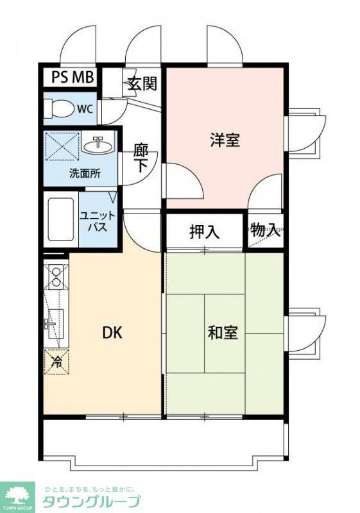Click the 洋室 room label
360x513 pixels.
tap(225, 140)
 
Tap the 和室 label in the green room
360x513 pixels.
tap(223, 333)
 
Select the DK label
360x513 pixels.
tap(112, 333)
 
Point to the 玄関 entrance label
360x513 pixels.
tap(142, 84)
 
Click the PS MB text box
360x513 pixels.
tap(73, 78)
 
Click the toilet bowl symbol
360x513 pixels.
tap(59, 108)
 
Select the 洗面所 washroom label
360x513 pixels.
tap(85, 174)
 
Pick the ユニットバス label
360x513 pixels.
tap(97, 222)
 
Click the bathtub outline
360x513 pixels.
tap(62, 220)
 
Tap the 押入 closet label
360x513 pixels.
tap(204, 231)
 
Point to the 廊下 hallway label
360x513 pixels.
tap(141, 158)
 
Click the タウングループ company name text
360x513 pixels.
tap(90, 501)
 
